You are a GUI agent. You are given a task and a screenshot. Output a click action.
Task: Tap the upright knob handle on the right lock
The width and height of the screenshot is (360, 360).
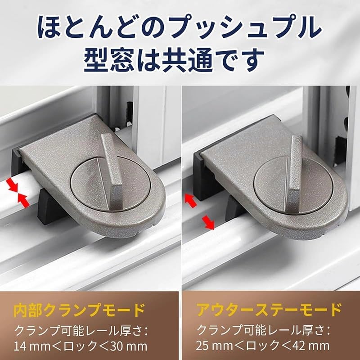point(295,166)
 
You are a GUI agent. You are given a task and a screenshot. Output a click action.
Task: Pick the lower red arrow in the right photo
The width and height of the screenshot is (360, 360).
point(207,222)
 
